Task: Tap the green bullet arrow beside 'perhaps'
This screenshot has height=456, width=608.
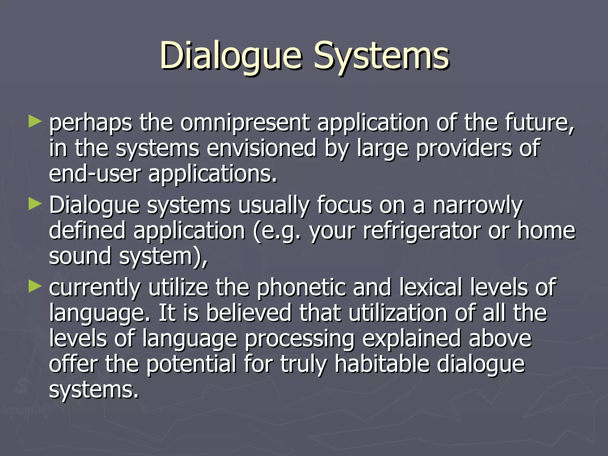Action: click(35, 122)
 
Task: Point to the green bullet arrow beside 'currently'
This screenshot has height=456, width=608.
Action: click(35, 286)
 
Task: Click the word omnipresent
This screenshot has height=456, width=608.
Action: click(245, 123)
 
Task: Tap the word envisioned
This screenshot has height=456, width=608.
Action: click(261, 148)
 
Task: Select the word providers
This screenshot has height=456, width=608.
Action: click(463, 148)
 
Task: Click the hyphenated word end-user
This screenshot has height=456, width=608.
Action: click(94, 174)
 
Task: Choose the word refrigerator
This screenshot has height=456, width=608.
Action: click(422, 231)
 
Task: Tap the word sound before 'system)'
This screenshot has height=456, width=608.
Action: click(80, 256)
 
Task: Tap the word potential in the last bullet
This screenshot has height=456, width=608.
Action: click(191, 364)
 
